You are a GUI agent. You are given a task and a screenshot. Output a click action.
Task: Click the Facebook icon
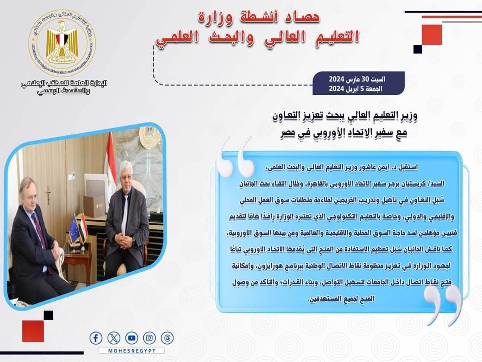96,338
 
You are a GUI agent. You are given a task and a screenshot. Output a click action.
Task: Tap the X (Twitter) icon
114,338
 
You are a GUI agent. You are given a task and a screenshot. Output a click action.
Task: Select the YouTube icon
132,338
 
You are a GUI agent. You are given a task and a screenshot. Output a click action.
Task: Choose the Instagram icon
150,338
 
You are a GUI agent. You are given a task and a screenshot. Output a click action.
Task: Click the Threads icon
167,338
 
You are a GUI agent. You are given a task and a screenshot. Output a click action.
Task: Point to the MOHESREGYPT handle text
132,351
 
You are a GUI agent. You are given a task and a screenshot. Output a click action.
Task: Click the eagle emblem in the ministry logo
62,42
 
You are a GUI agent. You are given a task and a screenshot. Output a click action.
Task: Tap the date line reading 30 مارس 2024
357,79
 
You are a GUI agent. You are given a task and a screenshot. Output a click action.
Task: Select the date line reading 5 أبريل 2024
356,88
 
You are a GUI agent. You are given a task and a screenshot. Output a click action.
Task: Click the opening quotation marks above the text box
236,157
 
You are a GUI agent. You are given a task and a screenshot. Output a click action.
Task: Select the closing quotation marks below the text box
443,305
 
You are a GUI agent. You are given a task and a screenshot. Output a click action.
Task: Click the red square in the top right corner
432,35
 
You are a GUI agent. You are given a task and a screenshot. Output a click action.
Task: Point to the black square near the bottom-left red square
48,315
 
